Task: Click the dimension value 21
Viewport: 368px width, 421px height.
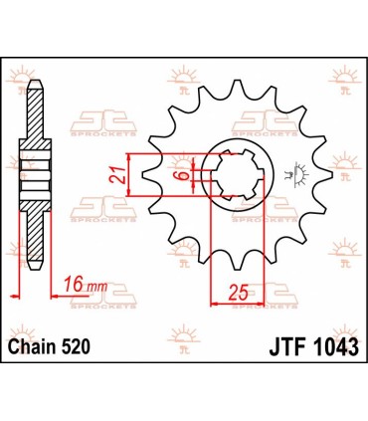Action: (x=115, y=177)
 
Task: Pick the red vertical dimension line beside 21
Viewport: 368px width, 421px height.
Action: (x=130, y=179)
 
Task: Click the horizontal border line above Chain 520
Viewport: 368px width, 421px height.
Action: (x=184, y=327)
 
